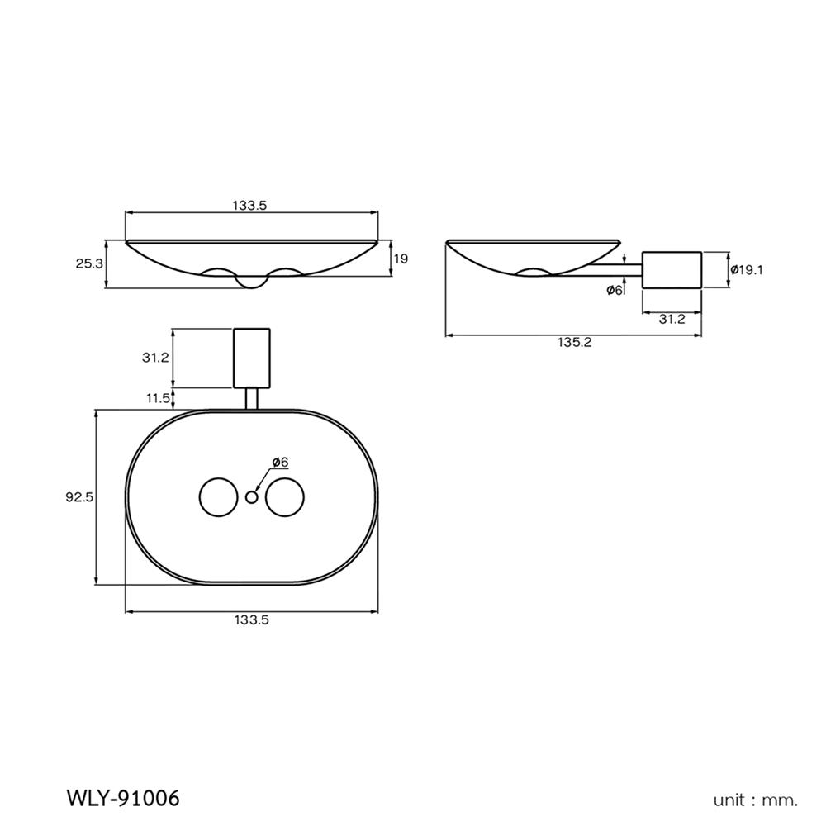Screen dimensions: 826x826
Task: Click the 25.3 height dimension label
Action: (x=89, y=264)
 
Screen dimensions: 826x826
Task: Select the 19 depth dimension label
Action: (x=401, y=259)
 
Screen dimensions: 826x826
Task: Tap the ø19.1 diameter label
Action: (x=747, y=270)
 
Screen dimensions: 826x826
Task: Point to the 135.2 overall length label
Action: (x=575, y=343)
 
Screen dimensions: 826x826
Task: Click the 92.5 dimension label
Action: (x=79, y=496)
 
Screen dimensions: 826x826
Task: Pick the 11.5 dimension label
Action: (x=158, y=398)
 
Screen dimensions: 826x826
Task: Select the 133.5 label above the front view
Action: (x=249, y=206)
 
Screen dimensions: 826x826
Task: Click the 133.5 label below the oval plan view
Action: (x=252, y=620)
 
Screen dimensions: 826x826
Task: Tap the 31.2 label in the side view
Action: (x=672, y=319)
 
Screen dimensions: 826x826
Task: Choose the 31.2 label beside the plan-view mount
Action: (x=155, y=357)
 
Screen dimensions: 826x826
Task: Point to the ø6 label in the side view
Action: (x=615, y=290)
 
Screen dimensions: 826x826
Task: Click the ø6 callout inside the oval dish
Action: (x=280, y=462)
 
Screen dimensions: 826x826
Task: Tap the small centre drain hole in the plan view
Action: (x=252, y=496)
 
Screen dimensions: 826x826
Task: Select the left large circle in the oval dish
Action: (x=219, y=496)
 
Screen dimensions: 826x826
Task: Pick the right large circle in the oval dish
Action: (x=285, y=496)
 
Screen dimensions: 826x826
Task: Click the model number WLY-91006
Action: (x=123, y=798)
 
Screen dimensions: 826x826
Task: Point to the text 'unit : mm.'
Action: (x=756, y=800)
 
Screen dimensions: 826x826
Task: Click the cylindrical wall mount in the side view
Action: (x=672, y=270)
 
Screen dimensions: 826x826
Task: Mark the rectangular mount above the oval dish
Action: (x=252, y=358)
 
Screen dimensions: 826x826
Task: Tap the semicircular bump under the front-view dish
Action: (x=252, y=282)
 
